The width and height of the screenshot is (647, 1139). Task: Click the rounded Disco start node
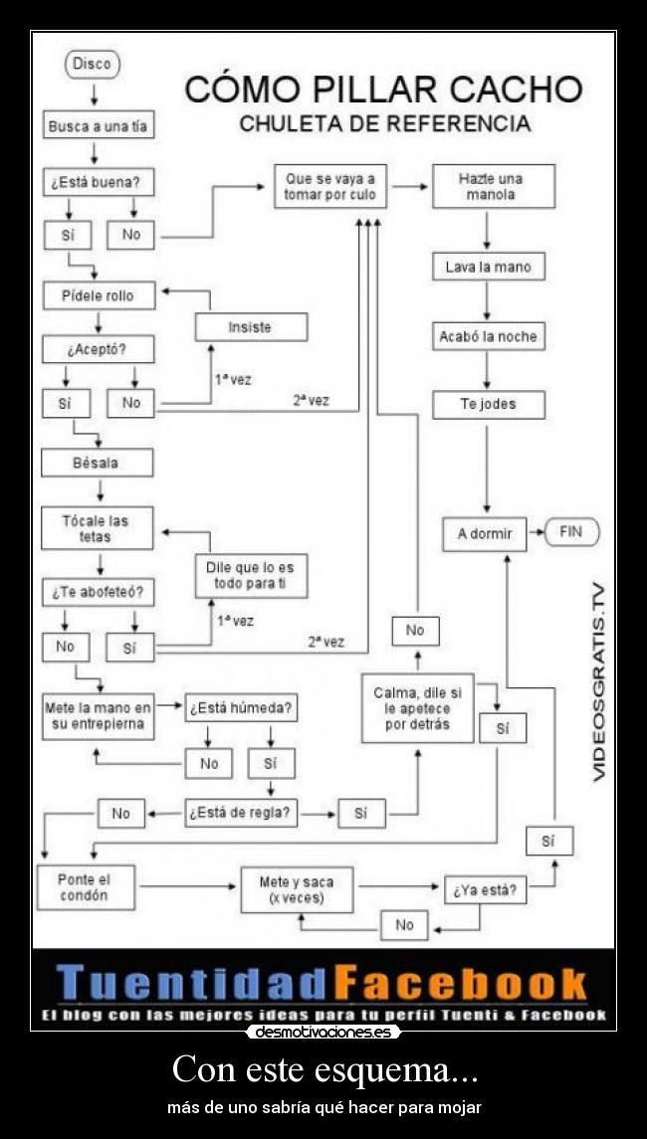click(93, 64)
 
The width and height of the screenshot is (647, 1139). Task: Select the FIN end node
click(570, 532)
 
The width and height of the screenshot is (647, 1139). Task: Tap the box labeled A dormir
click(485, 533)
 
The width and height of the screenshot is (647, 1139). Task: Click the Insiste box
click(250, 327)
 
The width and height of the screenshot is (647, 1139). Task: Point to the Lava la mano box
click(488, 267)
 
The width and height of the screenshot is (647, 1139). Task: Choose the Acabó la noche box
click(488, 336)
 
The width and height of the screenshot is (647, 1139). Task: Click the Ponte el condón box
click(84, 887)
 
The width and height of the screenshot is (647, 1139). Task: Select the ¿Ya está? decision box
click(485, 891)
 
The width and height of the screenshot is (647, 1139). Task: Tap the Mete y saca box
click(297, 889)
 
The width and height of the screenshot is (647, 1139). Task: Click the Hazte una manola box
click(493, 186)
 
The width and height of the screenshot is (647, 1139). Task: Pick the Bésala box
click(97, 463)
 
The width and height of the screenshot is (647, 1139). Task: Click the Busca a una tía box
click(99, 127)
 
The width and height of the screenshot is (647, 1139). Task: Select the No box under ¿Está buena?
click(131, 235)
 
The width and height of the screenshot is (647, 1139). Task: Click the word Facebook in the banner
click(459, 983)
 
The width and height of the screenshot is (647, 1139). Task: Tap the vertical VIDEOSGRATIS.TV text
click(599, 681)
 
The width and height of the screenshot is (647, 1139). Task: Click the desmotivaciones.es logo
click(323, 1033)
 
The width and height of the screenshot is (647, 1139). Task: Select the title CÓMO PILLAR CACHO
click(383, 89)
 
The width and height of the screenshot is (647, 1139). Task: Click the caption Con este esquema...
click(323, 1070)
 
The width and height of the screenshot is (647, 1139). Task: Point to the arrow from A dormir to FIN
click(535, 532)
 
